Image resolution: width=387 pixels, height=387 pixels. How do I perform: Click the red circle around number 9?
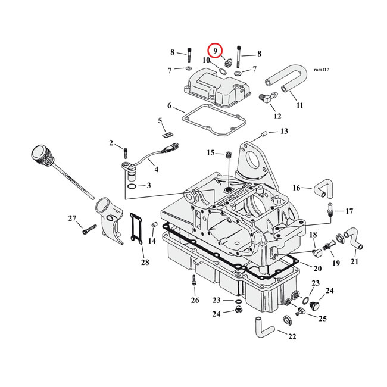click(214, 51)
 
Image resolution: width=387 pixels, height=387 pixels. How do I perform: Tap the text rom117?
click(321, 70)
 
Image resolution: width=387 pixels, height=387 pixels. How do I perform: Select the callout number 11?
click(299, 105)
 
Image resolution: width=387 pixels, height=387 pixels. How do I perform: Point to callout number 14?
click(152, 241)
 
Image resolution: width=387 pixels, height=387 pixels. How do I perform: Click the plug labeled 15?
click(227, 156)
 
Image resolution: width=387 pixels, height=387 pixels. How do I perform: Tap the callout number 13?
click(283, 131)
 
